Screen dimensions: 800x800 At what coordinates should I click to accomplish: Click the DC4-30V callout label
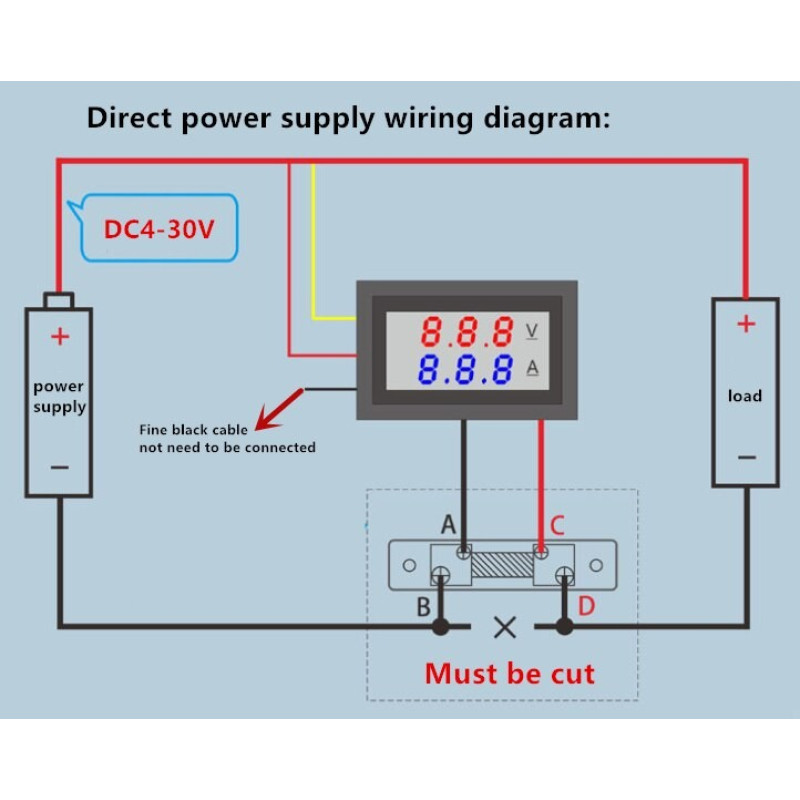(159, 229)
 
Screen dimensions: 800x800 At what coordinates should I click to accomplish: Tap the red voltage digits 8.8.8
(466, 331)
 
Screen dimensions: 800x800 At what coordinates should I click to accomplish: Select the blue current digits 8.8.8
(466, 369)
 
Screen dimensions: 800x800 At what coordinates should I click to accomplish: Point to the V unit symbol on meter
(532, 330)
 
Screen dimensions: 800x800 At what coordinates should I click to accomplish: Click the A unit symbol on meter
(532, 368)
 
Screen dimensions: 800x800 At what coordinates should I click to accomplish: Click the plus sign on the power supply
(60, 336)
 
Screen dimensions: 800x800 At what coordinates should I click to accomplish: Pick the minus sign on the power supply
(60, 466)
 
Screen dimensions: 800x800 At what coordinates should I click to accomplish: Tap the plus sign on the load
(745, 324)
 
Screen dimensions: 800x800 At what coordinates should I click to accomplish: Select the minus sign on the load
(746, 456)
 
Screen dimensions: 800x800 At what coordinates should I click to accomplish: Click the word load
(745, 396)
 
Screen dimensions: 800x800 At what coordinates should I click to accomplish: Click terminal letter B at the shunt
(424, 607)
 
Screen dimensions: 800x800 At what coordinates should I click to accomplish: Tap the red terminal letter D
(586, 606)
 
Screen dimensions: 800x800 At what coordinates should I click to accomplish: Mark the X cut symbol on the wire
(506, 628)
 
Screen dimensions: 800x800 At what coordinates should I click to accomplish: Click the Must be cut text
(509, 673)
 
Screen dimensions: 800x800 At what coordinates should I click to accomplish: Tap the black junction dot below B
(439, 627)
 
